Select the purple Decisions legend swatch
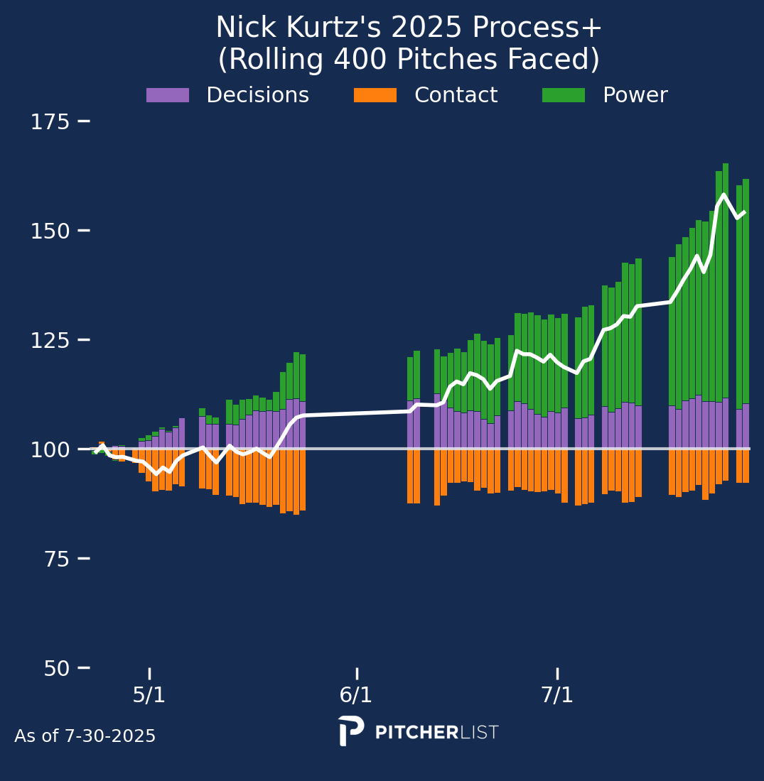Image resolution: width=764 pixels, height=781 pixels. point(168,95)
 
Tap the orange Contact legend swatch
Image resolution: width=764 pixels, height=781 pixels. point(375,95)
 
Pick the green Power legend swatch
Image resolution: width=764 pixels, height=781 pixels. point(564,95)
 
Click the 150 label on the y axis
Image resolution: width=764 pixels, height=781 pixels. point(50,231)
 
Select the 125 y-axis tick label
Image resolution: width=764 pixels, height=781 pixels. point(50,341)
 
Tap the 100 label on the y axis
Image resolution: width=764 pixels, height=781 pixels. point(50,450)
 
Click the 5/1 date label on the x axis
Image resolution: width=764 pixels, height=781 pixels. point(149,695)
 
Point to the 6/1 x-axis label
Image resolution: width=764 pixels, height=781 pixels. point(356,695)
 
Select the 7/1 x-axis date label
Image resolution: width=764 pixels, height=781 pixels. point(557,695)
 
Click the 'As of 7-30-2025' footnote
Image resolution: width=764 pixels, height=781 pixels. point(85,737)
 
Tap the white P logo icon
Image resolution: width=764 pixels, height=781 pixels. point(350,731)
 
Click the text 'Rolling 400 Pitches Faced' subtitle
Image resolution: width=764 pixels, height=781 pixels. point(409,60)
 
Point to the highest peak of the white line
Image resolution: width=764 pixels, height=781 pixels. point(723,195)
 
